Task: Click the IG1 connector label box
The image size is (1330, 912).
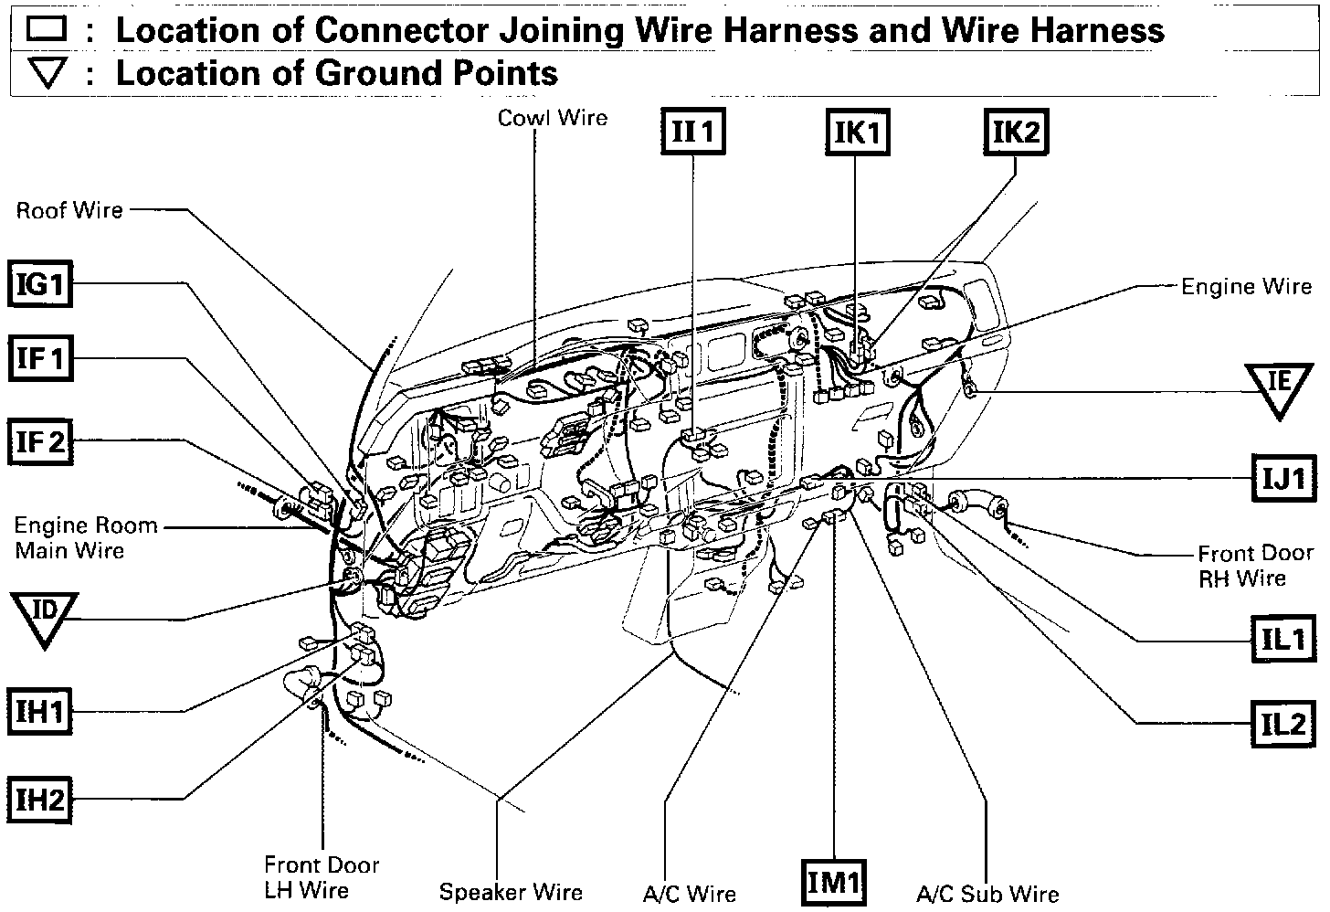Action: pos(41,285)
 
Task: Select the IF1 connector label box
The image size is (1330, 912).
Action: pos(41,358)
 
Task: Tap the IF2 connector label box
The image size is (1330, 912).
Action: pos(41,442)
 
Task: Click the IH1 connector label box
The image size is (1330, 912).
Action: pos(41,712)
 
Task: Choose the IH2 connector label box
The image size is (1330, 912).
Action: pos(41,800)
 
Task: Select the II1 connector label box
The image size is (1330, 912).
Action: pos(693,133)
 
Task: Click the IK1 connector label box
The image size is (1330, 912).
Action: pos(857,133)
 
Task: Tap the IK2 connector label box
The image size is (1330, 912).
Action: pos(1016,132)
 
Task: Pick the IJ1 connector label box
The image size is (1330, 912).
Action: pos(1284,477)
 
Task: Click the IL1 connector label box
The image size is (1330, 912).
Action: pos(1284,639)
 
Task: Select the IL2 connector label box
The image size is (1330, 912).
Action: pos(1284,724)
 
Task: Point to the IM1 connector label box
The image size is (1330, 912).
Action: pos(834,883)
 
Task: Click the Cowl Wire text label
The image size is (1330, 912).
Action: pos(552,118)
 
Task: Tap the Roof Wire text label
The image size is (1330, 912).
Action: pos(69,210)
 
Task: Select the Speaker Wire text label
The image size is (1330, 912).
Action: pos(511,892)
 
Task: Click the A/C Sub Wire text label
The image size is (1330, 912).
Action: pos(987,894)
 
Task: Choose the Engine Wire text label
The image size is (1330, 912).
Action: pos(1246,286)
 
